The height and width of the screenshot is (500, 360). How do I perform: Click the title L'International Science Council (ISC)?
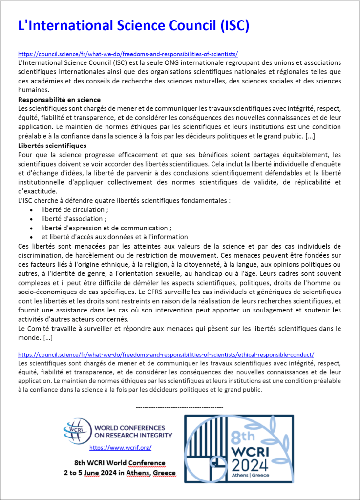(x=133, y=25)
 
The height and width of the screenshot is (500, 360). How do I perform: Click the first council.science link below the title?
(x=127, y=54)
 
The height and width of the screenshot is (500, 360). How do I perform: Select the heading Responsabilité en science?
(x=59, y=100)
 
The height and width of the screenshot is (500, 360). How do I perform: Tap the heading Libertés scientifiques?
(x=52, y=146)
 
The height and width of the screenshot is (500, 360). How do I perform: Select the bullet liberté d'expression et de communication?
(x=106, y=228)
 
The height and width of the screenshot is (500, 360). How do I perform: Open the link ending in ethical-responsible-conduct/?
(x=166, y=354)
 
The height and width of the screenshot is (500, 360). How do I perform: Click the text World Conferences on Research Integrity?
(x=132, y=432)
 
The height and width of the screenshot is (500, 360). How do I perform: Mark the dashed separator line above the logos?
(x=179, y=407)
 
